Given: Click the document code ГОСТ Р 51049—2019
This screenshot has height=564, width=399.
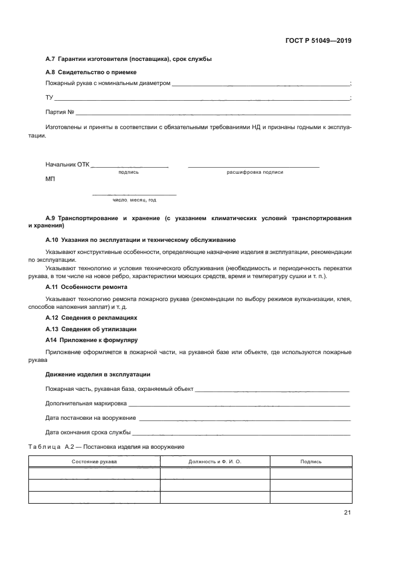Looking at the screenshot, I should tap(318, 41).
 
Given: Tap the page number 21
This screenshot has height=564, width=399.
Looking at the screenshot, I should tap(347, 513).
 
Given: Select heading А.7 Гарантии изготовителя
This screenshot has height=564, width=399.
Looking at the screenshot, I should tap(129, 59).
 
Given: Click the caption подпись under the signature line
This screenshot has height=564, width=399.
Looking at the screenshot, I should tap(129, 173).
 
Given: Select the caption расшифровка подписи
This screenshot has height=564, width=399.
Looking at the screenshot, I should tap(255, 173).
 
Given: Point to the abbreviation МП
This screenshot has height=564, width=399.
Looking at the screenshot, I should tap(50, 180).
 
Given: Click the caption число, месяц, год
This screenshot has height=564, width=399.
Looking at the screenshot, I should tap(134, 200).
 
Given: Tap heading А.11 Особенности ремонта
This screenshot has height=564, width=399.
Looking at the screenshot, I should tap(86, 287).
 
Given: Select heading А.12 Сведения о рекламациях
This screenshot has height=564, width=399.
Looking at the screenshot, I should tap(92, 317).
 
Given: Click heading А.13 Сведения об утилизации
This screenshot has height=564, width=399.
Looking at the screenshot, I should tap(91, 329).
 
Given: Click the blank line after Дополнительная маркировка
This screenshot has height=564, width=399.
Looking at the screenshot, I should tap(239, 404).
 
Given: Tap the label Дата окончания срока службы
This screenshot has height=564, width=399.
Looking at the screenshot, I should tap(88, 432).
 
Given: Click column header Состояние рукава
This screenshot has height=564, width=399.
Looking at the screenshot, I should tap(94, 461).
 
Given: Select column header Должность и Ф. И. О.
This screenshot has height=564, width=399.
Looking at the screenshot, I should tap(214, 461).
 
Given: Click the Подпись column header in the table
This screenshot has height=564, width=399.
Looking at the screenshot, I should tap(311, 461).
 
